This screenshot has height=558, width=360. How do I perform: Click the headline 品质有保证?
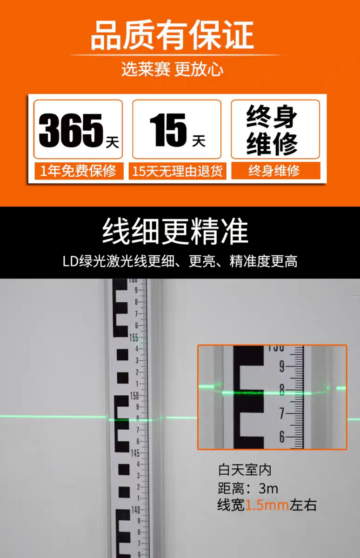pos(173,35)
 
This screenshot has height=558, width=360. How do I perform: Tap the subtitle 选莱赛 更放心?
pos(173,69)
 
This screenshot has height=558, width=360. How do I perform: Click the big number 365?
pos(71,130)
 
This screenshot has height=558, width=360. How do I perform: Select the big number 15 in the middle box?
pos(168,130)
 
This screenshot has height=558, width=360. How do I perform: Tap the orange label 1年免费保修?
pos(78,171)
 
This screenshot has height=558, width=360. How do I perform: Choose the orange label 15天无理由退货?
pos(177,171)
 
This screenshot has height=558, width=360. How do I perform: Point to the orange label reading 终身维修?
pos(274,171)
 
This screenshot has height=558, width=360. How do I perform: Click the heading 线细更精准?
pos(175,231)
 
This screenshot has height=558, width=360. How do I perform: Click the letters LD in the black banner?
pos(71,261)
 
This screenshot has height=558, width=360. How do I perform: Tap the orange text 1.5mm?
pos(267,505)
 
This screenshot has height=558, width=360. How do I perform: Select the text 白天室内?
pos(245,470)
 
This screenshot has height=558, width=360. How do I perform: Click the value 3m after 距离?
pos(268,488)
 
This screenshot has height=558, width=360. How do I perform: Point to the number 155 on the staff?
pos(134,338)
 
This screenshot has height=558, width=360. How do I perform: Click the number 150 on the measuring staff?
pos(134,396)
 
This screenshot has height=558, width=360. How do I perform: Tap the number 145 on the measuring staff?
pos(135,453)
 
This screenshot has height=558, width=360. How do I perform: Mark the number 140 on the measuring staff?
pos(136,510)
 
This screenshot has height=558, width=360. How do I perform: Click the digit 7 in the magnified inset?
pos(282,413)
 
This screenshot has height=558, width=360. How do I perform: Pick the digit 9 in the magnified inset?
pos(281,367)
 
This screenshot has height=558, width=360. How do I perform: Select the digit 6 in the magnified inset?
pos(282,437)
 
